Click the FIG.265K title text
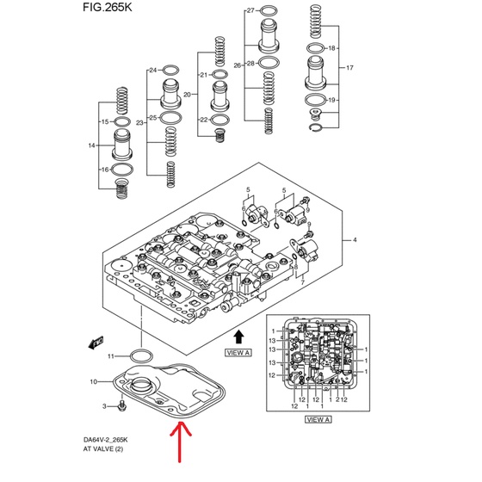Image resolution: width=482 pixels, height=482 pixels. pos(108,8)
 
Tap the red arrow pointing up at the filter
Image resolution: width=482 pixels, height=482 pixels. pos(180,442)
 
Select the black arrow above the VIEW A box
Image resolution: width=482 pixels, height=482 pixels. pos(238,337)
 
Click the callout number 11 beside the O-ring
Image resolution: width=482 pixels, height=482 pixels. pos(111,356)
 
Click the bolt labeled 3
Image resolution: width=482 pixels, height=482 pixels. pos(122,405)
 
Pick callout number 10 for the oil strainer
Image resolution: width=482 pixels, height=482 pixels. pos(94,382)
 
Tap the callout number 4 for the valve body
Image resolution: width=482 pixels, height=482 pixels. pos(355,240)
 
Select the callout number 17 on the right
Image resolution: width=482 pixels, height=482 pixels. pos(349,67)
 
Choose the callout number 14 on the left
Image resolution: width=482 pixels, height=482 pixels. pos(91,145)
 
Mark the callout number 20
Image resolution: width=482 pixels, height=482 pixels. pos(187,95)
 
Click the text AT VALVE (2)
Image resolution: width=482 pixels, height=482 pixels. pos(103,449)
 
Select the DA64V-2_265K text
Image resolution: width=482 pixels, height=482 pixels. pos(105,440)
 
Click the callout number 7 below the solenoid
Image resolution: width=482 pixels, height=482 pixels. pos(302,282)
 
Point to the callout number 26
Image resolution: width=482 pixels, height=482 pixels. pos(238,65)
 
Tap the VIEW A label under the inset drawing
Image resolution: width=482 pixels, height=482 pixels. pos(318,420)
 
